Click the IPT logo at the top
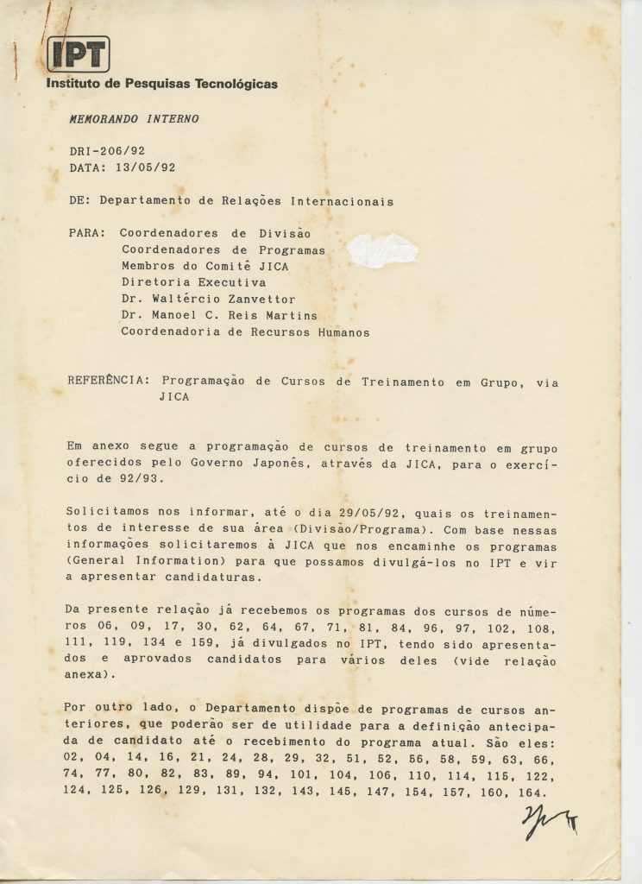[x=79, y=55]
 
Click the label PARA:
[x=88, y=233]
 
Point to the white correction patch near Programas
[x=383, y=250]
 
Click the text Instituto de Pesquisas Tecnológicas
[x=162, y=85]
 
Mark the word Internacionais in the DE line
[x=343, y=201]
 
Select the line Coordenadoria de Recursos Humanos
[x=245, y=331]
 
